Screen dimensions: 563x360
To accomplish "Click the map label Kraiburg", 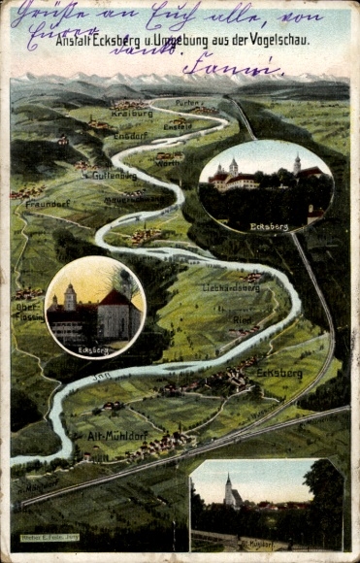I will [133, 114].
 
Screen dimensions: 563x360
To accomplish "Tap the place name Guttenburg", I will [115, 175].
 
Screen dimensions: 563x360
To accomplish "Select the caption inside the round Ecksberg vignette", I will [92, 348].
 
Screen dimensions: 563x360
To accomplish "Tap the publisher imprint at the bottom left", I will [49, 549].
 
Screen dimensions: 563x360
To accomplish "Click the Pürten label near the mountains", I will [189, 102].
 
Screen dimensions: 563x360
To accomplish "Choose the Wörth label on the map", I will [167, 163].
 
